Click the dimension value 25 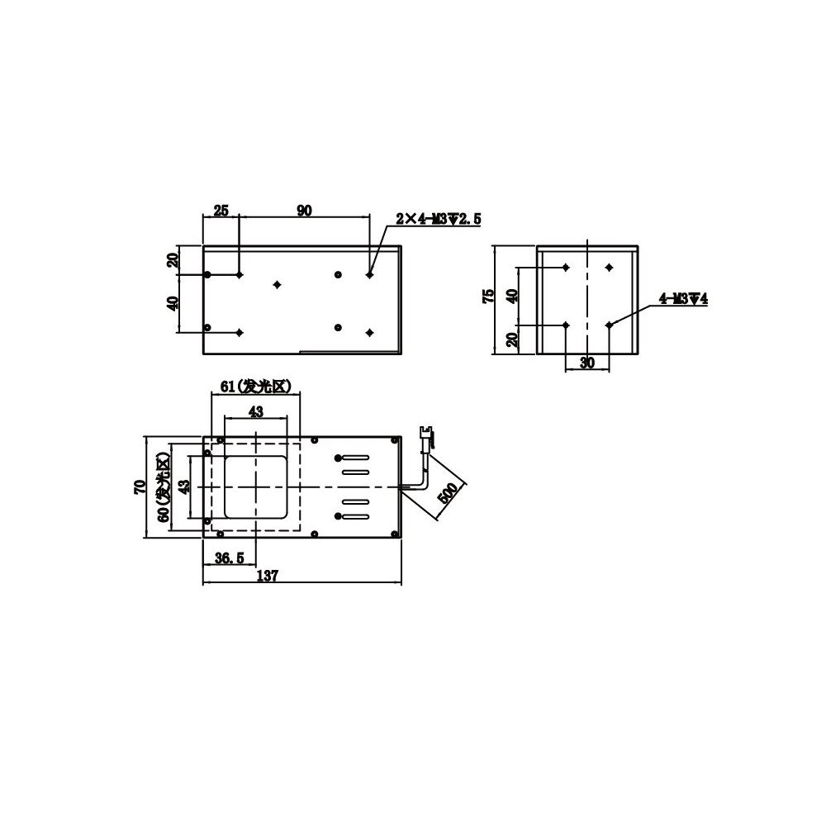point(221,211)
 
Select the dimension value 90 point(304,211)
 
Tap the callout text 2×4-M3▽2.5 point(437,219)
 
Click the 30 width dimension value point(586,362)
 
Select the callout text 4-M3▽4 point(683,299)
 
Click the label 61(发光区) point(256,386)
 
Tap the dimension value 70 point(140,487)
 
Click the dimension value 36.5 point(229,558)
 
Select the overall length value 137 point(267,577)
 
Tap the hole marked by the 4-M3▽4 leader point(609,325)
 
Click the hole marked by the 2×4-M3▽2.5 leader point(369,274)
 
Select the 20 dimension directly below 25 point(173,260)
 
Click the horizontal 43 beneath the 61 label point(256,411)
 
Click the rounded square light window point(256,487)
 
